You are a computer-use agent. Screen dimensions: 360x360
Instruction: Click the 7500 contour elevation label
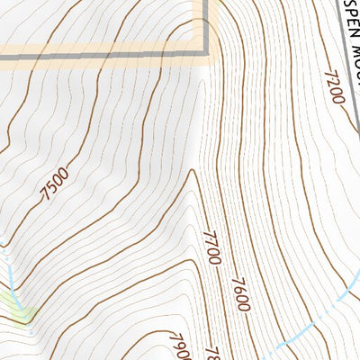click(55, 186)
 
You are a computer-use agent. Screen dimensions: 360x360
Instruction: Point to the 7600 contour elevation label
click(240, 293)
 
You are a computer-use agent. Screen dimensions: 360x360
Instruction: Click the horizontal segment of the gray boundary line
click(108, 59)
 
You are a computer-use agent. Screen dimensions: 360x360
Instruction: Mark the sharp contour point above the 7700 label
click(193, 170)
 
